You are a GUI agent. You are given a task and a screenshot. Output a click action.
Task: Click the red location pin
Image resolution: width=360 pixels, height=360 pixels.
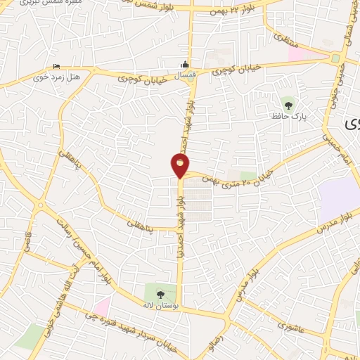point(180,166)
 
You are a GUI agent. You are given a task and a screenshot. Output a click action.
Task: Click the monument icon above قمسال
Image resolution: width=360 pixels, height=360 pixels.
point(185,65)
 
